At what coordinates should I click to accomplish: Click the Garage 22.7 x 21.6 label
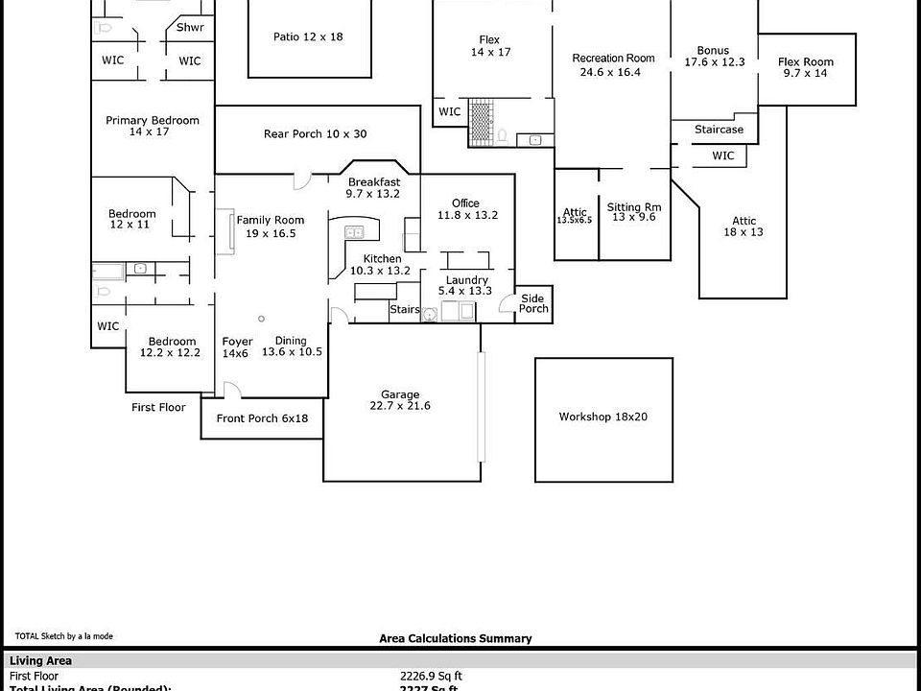click(400, 400)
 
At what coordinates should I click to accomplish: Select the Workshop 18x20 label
click(602, 417)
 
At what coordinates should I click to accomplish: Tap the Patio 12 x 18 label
click(308, 36)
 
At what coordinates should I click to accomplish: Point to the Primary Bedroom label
click(152, 126)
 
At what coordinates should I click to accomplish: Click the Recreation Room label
click(613, 64)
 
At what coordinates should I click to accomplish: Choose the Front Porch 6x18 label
click(262, 418)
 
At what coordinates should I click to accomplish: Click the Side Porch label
click(533, 303)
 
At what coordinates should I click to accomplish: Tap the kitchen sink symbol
click(354, 231)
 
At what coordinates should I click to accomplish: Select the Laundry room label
click(466, 285)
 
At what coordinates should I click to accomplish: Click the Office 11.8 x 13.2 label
click(466, 209)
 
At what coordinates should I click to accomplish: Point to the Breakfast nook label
click(373, 188)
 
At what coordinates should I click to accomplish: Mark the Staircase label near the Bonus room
click(719, 130)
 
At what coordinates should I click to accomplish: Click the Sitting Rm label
click(633, 211)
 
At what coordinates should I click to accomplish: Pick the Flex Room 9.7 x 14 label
click(806, 67)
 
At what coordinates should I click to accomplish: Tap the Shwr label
click(190, 27)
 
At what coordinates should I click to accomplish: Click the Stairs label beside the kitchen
click(403, 309)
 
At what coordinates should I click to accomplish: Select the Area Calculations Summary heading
click(455, 638)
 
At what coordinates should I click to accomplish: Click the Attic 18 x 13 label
click(744, 226)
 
